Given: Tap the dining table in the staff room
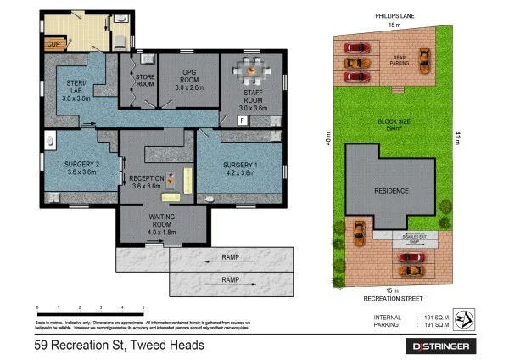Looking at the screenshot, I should (251, 68).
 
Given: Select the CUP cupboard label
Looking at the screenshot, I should (53, 42).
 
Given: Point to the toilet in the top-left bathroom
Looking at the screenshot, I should (120, 41).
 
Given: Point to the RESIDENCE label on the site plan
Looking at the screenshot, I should (391, 191).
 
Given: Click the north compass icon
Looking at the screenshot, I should (463, 321).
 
